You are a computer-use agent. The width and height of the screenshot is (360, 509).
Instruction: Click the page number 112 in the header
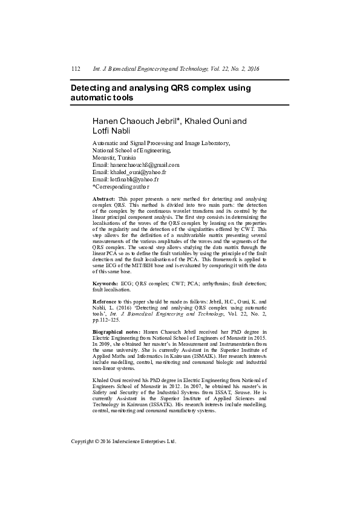pyautogui.click(x=76, y=70)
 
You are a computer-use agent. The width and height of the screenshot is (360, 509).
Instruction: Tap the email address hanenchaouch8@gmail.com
pyautogui.click(x=144, y=164)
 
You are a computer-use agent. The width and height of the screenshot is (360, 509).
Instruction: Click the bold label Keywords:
pyautogui.click(x=105, y=283)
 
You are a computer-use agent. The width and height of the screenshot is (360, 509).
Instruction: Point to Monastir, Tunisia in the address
pyautogui.click(x=110, y=157)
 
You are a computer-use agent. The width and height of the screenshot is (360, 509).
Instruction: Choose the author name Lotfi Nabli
pyautogui.click(x=111, y=131)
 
